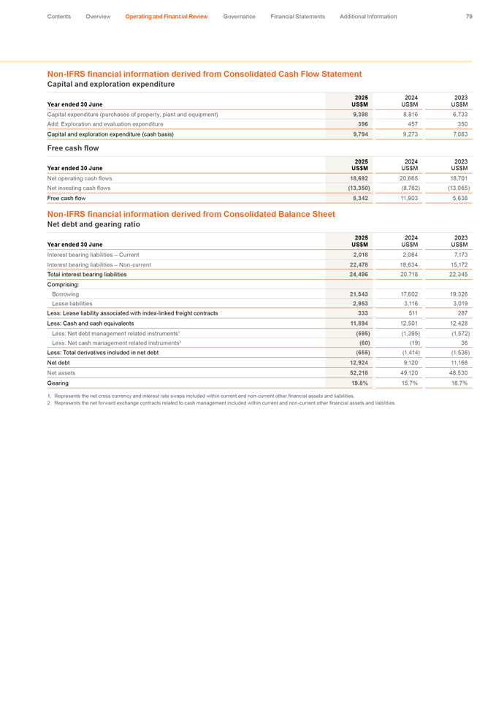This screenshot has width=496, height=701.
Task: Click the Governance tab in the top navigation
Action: [x=239, y=17]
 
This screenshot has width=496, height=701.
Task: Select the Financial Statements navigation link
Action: [x=297, y=17]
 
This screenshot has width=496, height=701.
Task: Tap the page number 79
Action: [x=468, y=17]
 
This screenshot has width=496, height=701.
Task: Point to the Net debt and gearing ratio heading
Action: [x=94, y=225]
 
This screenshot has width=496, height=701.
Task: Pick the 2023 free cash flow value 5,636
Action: [x=459, y=198]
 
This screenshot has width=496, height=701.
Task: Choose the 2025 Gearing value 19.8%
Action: [x=359, y=383]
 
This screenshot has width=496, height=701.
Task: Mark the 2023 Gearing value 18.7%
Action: [x=459, y=383]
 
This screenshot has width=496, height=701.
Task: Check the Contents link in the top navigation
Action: [x=59, y=17]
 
